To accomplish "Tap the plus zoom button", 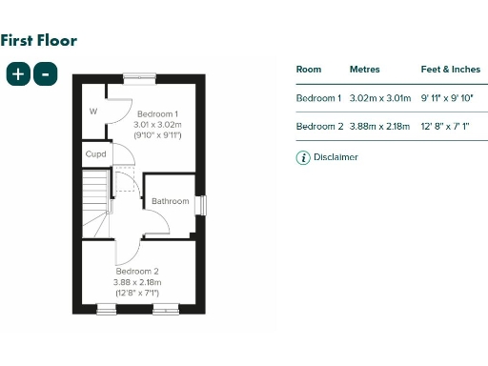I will [18, 74].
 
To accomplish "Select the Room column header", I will [309, 70].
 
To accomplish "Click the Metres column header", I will [364, 70].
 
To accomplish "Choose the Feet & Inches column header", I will [450, 70].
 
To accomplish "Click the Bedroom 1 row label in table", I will [318, 98].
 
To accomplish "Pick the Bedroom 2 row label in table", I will [318, 127].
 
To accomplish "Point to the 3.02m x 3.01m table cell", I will [379, 98].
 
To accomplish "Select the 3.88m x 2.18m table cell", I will [379, 127].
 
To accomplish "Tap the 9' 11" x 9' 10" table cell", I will [447, 98].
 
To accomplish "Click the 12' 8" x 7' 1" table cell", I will [446, 127].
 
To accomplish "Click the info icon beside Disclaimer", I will [303, 157].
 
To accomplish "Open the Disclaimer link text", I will [335, 157].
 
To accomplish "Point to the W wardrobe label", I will [93, 112].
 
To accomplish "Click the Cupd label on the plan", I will [95, 153].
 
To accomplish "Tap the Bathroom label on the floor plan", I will [171, 201].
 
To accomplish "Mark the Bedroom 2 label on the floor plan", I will [137, 272].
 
